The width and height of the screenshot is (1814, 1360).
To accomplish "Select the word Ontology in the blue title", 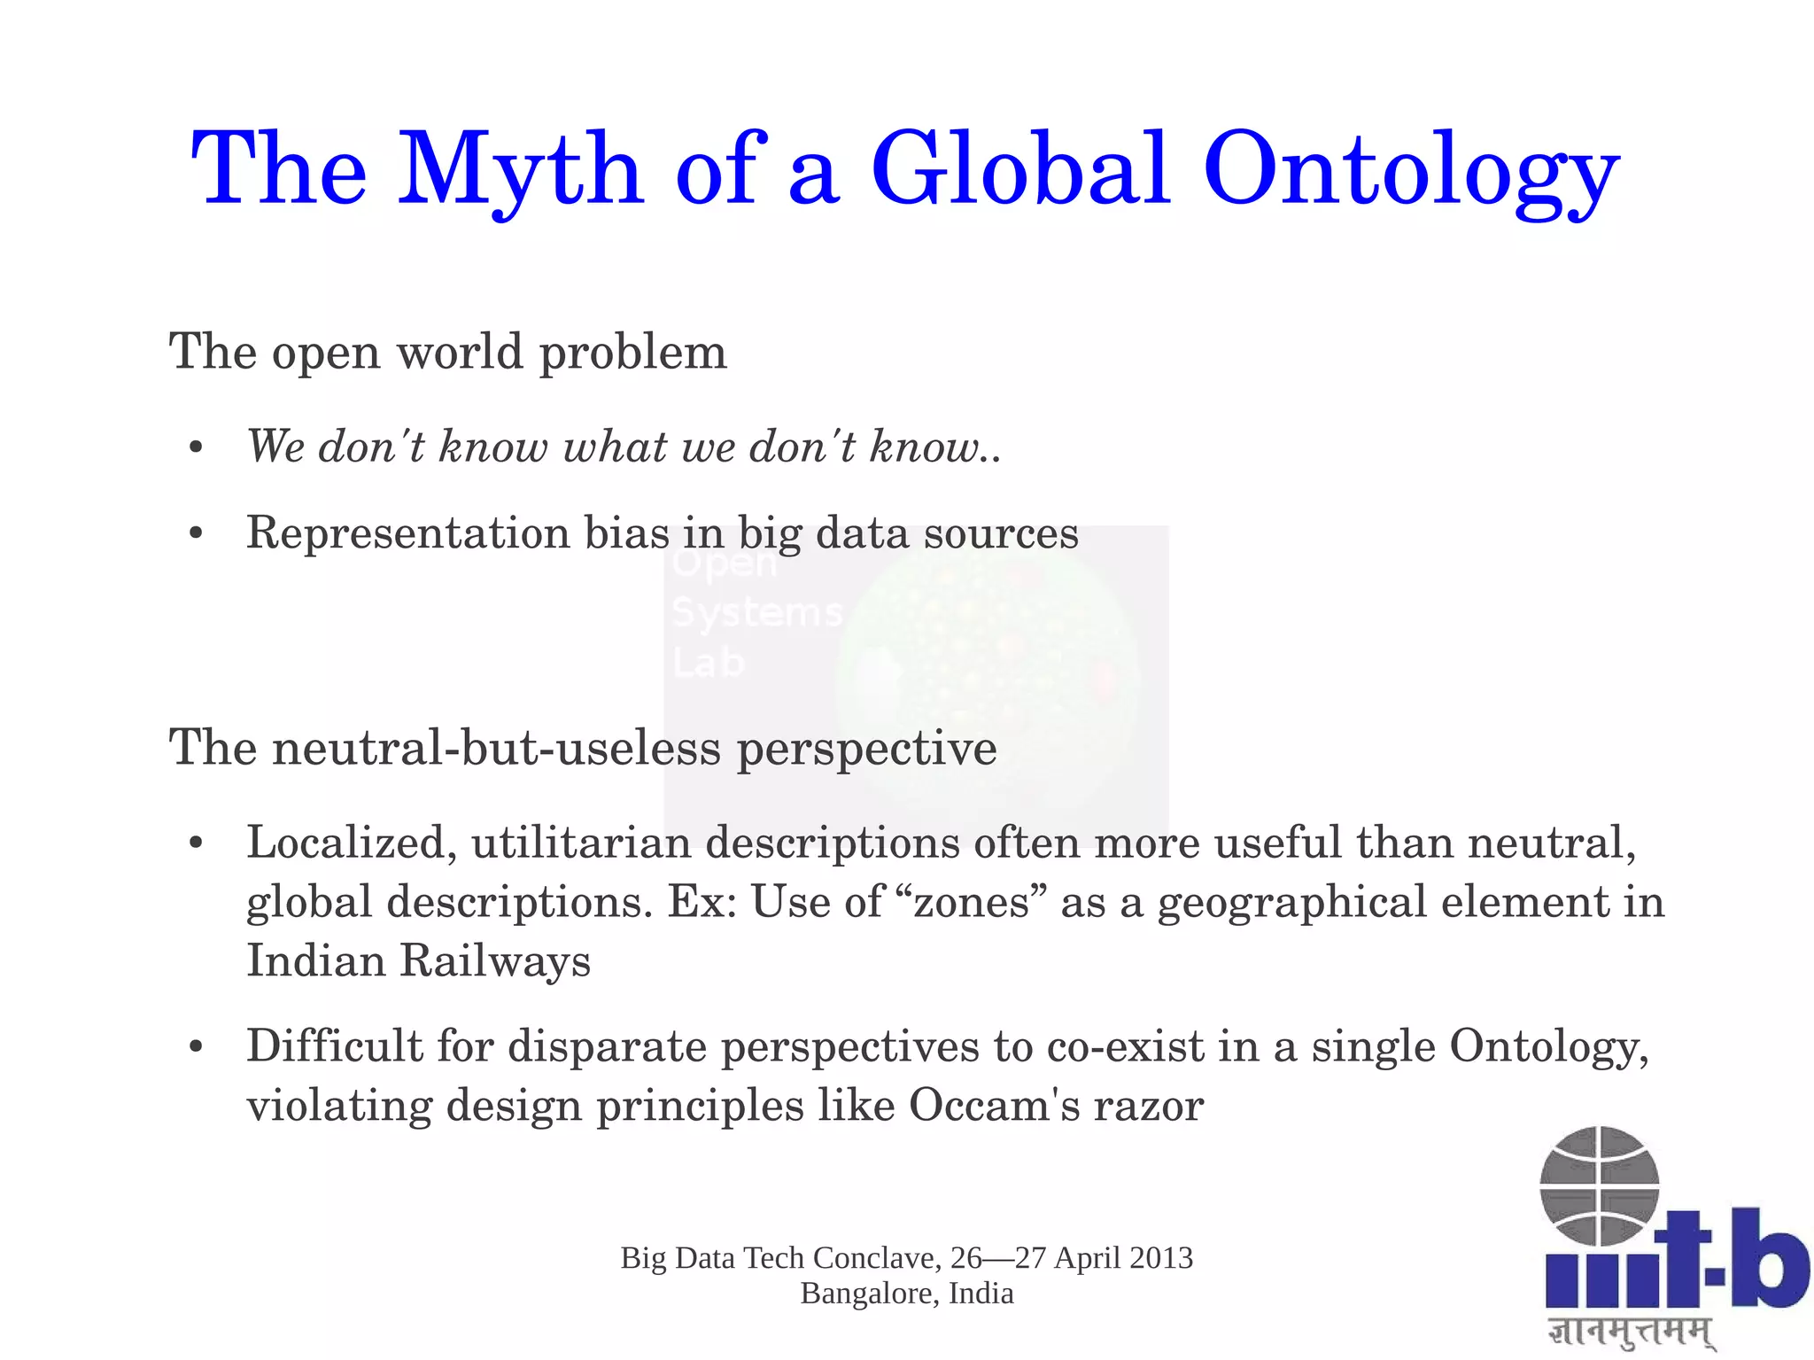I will click(1411, 170).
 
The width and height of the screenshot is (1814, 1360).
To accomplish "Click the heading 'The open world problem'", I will click(447, 352).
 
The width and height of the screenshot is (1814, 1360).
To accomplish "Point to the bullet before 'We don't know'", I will click(197, 447).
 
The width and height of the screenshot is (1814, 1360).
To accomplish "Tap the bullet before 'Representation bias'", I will click(197, 534).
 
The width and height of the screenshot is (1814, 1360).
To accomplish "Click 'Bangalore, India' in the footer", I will click(907, 1294).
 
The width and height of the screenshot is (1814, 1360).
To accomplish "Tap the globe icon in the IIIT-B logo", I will click(1599, 1186).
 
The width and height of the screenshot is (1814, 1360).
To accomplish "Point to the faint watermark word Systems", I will click(756, 613).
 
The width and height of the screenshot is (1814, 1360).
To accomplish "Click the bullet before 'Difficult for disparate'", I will click(197, 1047).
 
